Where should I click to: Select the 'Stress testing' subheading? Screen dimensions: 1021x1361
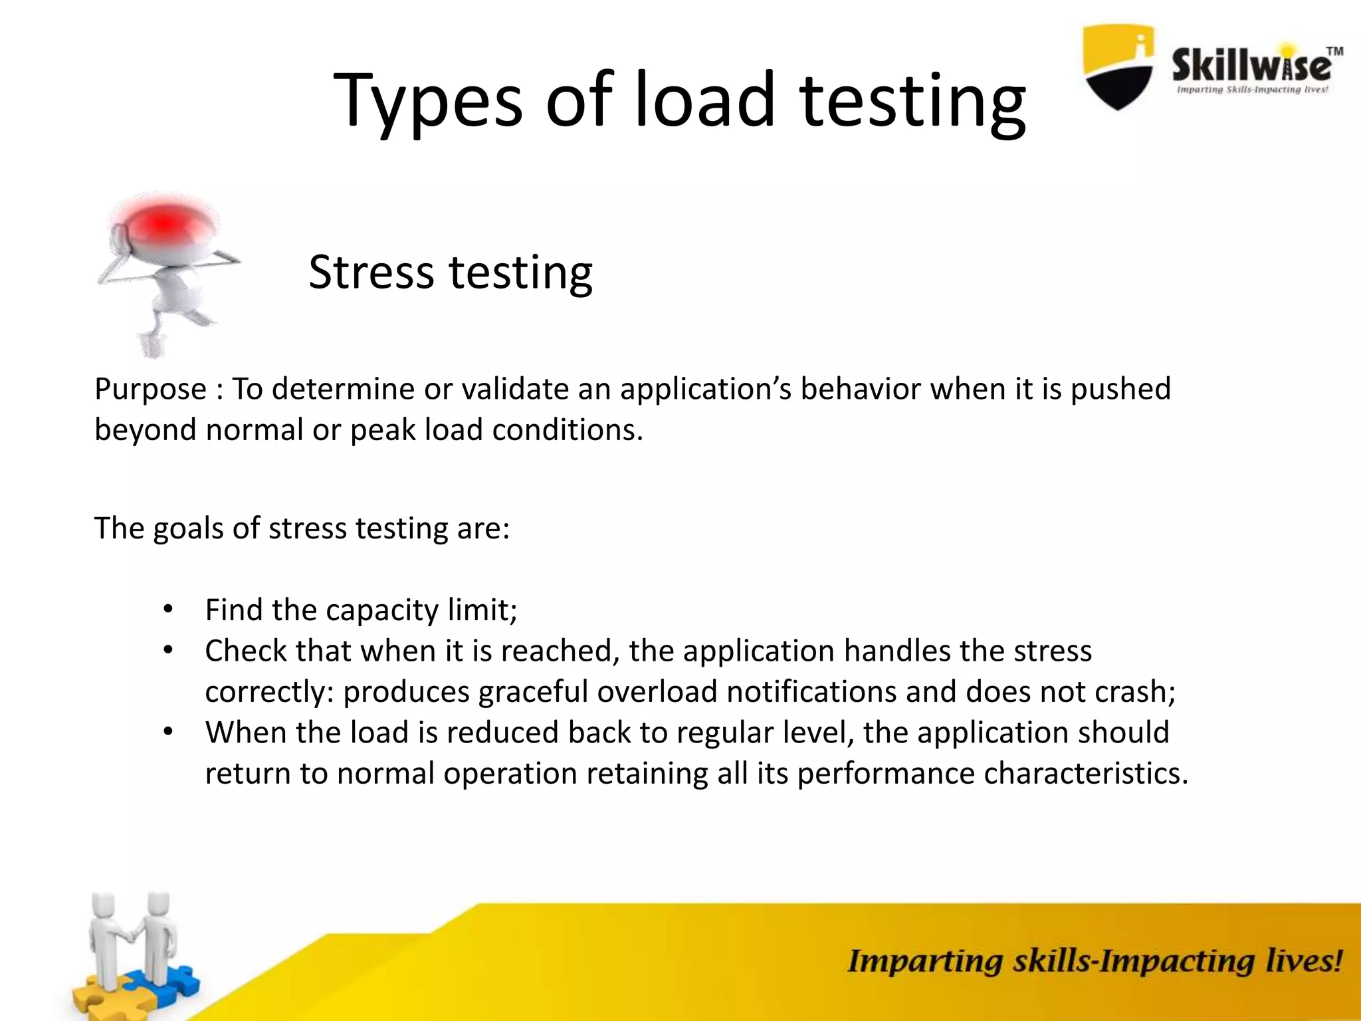click(450, 272)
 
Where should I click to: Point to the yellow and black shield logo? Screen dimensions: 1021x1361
click(1118, 66)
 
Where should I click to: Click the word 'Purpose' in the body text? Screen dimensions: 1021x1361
click(150, 390)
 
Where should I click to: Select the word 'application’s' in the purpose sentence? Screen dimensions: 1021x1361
click(706, 390)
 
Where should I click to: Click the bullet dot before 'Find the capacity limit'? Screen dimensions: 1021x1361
click(168, 609)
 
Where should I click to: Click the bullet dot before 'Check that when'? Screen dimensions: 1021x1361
click(168, 649)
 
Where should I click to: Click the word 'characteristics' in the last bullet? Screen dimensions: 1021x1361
click(1081, 774)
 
